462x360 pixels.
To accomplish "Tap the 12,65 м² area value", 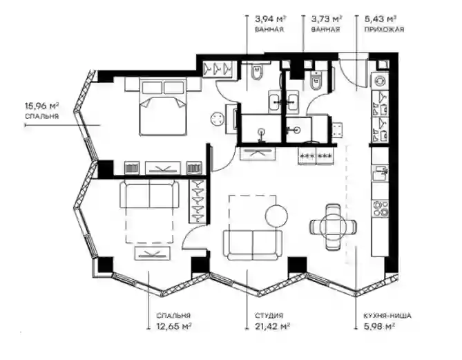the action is pos(175,326).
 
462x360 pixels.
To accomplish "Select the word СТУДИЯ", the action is pos(269,316).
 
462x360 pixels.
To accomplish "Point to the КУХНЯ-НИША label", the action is pos(387,316).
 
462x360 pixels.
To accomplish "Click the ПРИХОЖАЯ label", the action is pos(384,29).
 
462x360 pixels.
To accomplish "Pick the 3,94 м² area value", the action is pos(271,19).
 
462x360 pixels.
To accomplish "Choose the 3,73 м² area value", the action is pos(327,19).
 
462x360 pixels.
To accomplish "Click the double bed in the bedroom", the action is pos(164,106).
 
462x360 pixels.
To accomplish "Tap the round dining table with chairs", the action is pos(334,227).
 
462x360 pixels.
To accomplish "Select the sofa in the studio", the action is pos(253,245).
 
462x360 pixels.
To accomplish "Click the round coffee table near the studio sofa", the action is pos(276,216).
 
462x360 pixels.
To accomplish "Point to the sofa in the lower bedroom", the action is pos(149,195).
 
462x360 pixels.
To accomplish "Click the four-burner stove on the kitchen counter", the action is pos(380,209).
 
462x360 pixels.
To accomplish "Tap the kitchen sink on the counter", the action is pos(380,173).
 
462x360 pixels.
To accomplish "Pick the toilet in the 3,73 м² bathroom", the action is pos(316,79).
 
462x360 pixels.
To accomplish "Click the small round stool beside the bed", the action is pos(218,119).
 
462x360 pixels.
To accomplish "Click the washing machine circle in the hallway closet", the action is pos(380,80).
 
